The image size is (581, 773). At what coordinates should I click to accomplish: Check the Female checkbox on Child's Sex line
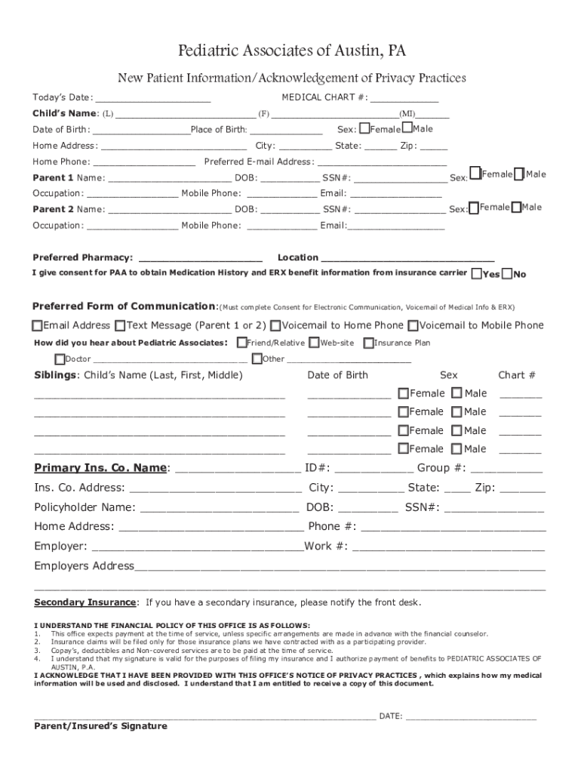coord(364,128)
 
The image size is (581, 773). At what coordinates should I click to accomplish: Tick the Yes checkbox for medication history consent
coord(477,273)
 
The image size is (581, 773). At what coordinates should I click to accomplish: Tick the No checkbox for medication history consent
coord(507,273)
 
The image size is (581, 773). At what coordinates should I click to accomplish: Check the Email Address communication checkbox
coord(37,326)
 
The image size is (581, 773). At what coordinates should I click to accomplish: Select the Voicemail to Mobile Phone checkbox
coord(413,326)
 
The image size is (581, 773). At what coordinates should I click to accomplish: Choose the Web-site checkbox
coord(313,343)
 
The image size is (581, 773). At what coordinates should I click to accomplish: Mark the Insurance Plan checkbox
coord(368,343)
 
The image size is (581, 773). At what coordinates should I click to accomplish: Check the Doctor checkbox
coord(60,359)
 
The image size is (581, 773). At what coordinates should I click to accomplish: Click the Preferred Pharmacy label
coord(83,257)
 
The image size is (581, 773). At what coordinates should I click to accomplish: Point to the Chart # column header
coord(517,375)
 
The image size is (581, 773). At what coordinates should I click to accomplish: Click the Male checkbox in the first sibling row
coord(456,393)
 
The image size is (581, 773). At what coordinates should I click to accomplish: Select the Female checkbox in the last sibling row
coord(403,449)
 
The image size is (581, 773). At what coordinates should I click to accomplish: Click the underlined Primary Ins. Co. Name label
coord(100,468)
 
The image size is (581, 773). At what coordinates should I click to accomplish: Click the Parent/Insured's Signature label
coord(100,726)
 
